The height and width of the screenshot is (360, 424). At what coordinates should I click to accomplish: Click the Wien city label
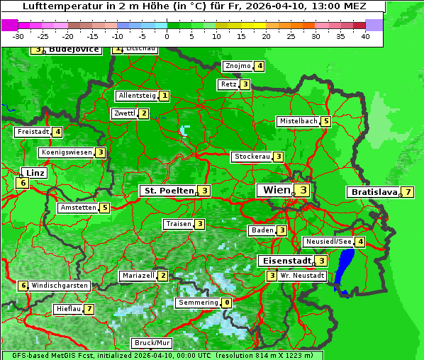pyautogui.click(x=276, y=190)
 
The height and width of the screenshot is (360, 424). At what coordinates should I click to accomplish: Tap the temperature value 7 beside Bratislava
pyautogui.click(x=408, y=192)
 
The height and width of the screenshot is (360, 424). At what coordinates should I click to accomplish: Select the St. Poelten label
pyautogui.click(x=167, y=191)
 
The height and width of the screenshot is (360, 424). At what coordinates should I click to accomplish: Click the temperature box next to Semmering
pyautogui.click(x=226, y=303)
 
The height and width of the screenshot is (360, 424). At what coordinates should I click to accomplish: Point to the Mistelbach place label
pyautogui.click(x=298, y=121)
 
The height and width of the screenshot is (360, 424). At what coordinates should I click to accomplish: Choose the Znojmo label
pyautogui.click(x=238, y=67)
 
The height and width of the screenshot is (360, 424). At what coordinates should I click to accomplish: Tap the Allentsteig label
pyautogui.click(x=137, y=96)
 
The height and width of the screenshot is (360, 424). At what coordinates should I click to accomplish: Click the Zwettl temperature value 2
pyautogui.click(x=143, y=113)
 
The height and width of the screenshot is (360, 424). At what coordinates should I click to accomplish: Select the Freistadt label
pyautogui.click(x=33, y=132)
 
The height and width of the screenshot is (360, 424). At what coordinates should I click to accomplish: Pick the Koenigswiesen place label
pyautogui.click(x=67, y=152)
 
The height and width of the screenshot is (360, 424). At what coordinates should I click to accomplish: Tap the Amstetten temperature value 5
pyautogui.click(x=104, y=208)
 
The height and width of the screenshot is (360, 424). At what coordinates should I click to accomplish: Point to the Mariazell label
pyautogui.click(x=138, y=276)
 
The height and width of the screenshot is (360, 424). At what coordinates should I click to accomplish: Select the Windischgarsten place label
pyautogui.click(x=60, y=286)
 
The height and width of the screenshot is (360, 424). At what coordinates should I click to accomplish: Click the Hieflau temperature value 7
pyautogui.click(x=89, y=310)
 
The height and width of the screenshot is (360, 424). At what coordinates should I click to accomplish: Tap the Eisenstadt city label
pyautogui.click(x=284, y=260)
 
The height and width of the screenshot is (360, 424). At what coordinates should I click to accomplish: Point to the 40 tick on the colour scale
pyautogui.click(x=365, y=36)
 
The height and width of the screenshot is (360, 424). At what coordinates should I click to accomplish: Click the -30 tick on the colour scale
pyautogui.click(x=18, y=36)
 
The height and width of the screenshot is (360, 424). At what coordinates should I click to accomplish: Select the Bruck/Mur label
pyautogui.click(x=152, y=343)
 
